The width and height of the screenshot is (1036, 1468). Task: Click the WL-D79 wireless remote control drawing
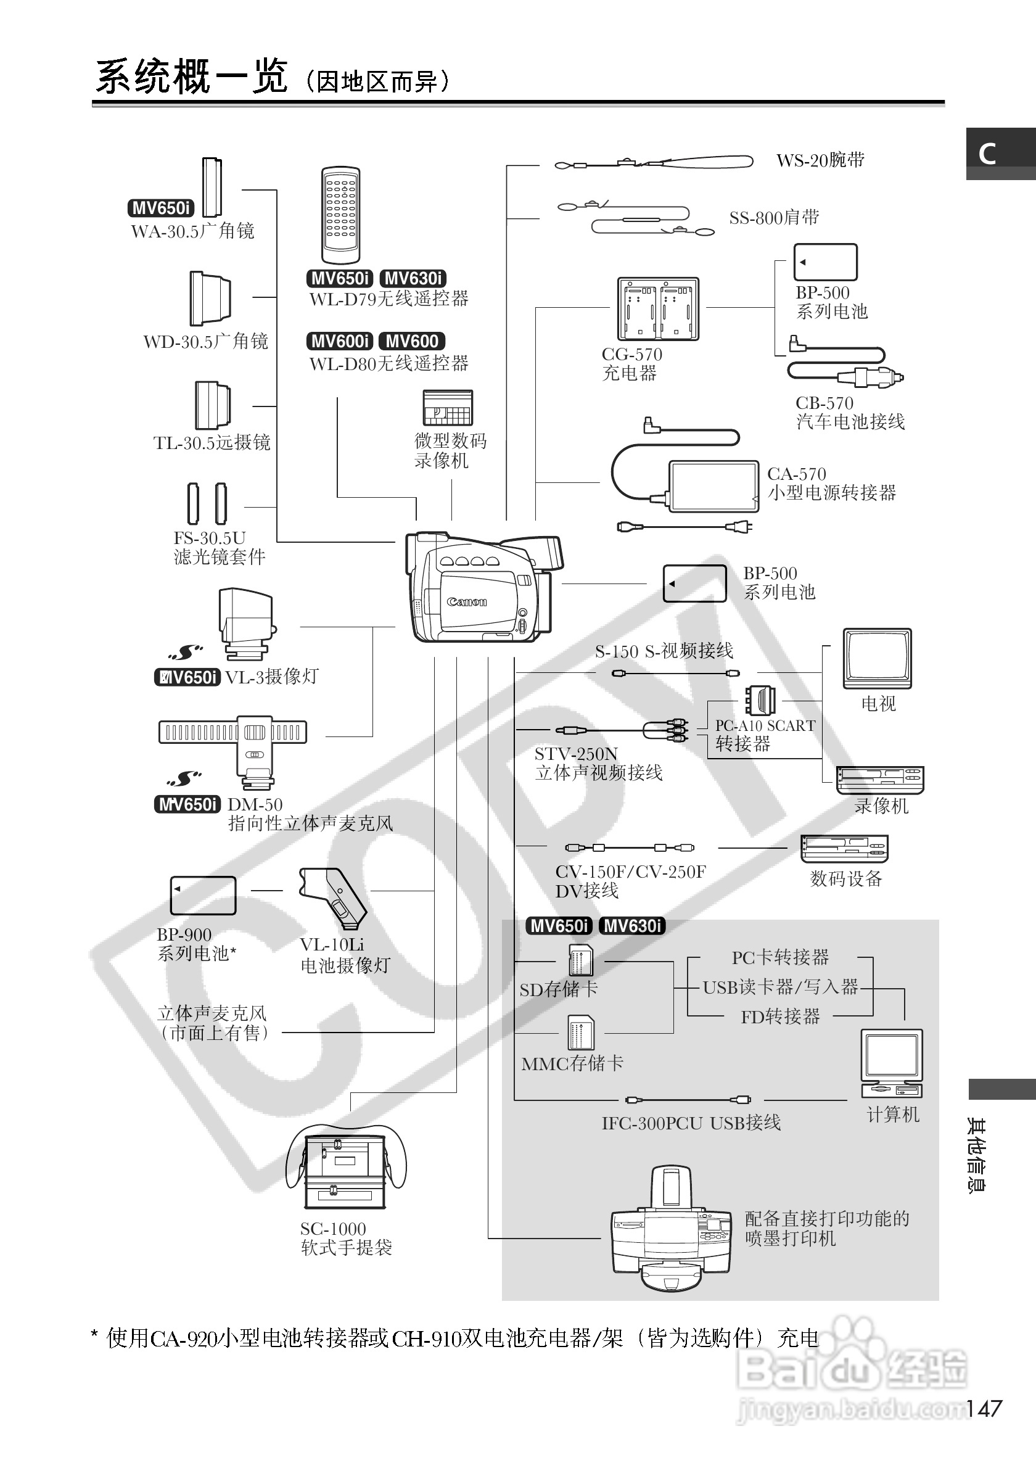point(340,215)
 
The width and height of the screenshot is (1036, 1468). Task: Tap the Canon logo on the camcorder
point(467,601)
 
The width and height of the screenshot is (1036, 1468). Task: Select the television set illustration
point(877,658)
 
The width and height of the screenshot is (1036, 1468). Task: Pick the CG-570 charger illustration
point(657,309)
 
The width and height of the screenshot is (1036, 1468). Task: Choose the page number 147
point(984,1409)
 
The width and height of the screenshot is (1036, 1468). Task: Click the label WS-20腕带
point(820,160)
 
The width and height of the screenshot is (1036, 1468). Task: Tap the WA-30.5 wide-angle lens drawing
point(212,188)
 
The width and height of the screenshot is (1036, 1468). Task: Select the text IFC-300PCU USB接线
point(691,1123)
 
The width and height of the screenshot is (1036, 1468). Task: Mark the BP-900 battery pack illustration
point(203,895)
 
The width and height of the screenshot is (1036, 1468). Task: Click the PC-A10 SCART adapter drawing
point(760,701)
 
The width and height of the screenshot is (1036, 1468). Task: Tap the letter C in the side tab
point(987,154)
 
